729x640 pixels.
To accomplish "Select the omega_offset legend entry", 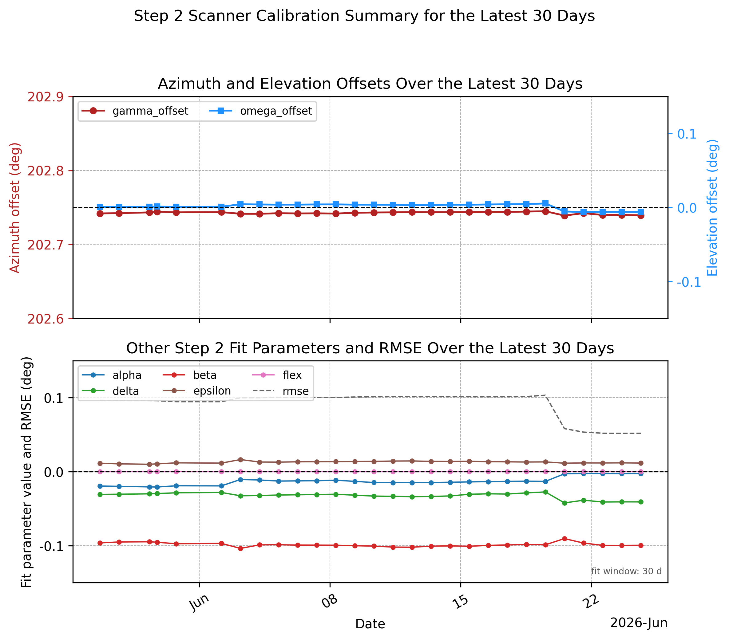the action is coord(261,111).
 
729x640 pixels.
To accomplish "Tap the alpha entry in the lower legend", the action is coord(112,375).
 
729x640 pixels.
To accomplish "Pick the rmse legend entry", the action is coord(281,391).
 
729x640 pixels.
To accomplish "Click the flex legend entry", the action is coord(277,375).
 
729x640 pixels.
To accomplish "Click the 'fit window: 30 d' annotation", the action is coord(626,571).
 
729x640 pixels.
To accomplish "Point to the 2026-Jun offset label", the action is coord(639,622).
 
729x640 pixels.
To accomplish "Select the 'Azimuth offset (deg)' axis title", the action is coord(15,208).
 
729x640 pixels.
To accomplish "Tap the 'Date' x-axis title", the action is coord(370,624).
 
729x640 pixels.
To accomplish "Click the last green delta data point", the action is coord(640,502).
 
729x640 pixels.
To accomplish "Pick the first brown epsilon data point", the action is coord(100,463).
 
